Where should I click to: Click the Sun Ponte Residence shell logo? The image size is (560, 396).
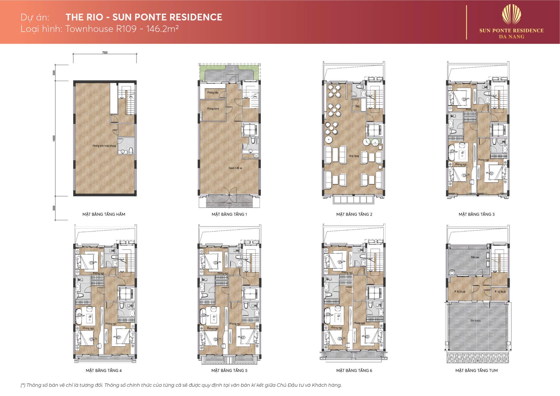(511, 15)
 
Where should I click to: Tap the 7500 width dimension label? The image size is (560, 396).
(105, 53)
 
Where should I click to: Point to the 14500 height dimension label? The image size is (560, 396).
(54, 138)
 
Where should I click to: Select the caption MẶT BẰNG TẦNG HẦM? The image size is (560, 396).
(104, 214)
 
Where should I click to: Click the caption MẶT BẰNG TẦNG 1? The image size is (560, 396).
(229, 214)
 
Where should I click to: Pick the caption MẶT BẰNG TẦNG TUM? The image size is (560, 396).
(476, 371)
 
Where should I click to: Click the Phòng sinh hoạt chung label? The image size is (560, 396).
(104, 146)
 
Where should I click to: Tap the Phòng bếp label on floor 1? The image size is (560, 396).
(213, 93)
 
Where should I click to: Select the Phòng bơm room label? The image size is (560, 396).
(213, 109)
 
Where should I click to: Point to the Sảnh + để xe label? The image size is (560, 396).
(235, 168)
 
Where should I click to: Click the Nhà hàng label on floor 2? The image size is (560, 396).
(354, 156)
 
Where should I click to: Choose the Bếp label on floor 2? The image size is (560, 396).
(358, 106)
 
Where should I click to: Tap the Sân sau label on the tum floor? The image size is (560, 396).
(475, 257)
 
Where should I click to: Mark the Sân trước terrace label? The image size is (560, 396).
(475, 320)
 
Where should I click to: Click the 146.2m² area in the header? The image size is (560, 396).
(162, 29)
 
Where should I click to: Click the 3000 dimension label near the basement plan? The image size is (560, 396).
(54, 208)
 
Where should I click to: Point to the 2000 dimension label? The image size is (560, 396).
(54, 73)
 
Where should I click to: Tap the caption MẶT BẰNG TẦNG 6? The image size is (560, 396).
(354, 371)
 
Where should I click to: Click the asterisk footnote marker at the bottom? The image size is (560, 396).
(23, 385)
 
